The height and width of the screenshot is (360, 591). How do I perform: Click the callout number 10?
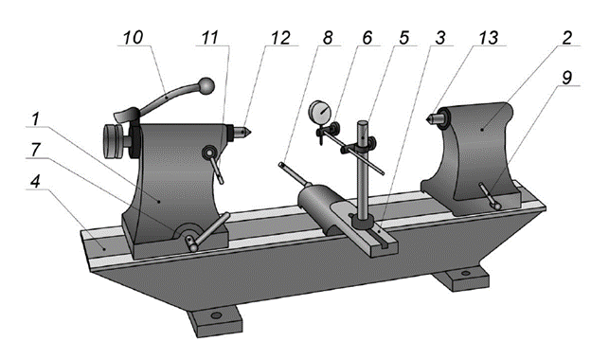point(133,38)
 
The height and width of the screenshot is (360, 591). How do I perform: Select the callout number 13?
point(488,38)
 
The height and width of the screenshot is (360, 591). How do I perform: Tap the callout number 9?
point(566,78)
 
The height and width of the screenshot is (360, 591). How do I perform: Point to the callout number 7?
point(35,150)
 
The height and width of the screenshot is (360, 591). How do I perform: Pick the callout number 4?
point(35,182)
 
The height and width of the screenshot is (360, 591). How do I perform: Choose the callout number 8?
point(327,38)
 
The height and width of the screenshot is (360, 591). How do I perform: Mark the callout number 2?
point(566,38)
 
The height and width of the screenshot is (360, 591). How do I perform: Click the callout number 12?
point(280,38)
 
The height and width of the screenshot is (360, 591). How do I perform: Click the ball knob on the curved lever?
point(206,85)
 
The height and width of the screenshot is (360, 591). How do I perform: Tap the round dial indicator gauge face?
point(320,111)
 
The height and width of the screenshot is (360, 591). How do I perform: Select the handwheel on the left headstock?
point(113,141)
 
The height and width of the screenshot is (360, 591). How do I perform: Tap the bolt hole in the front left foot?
point(216,315)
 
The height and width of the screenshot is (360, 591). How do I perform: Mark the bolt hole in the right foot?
point(466,273)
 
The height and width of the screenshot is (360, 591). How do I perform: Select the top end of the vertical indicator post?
point(363,123)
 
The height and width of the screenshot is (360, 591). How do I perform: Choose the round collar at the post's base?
point(362,222)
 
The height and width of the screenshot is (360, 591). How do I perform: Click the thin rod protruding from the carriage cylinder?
point(294,174)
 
